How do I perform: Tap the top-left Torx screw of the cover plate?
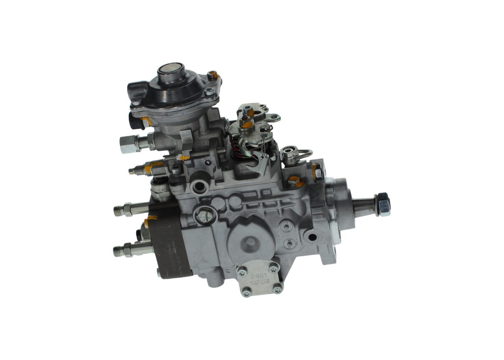pyautogui.click(x=242, y=271)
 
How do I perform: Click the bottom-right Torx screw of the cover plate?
pyautogui.click(x=277, y=289)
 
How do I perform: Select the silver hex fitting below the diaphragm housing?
pyautogui.click(x=129, y=144)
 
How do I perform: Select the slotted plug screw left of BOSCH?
pyautogui.click(x=204, y=215)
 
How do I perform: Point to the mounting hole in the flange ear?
pyautogui.click(x=312, y=237)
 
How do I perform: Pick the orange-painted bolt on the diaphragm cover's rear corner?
pyautogui.click(x=213, y=74)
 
